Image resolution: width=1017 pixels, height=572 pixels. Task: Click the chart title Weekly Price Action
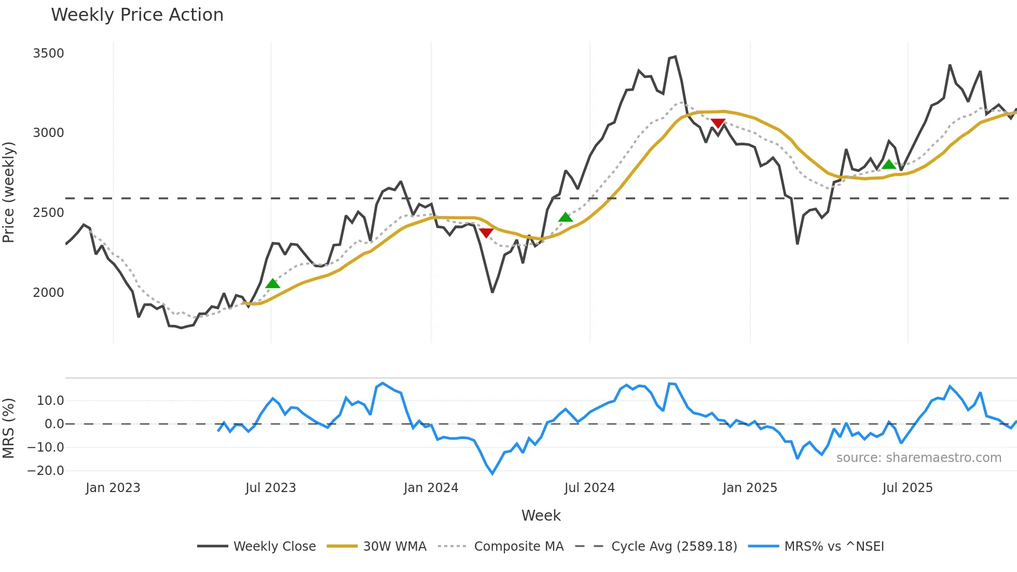pos(137,15)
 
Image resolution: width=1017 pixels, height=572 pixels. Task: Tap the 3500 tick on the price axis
pos(48,53)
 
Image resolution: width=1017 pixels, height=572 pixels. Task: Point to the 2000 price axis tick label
pos(48,293)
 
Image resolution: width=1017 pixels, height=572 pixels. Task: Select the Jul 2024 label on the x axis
pos(589,488)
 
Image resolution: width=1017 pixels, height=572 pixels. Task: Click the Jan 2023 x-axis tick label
pos(113,488)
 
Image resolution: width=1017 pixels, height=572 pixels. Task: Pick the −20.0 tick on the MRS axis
pos(46,471)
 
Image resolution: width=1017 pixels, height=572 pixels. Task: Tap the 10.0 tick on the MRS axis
pos(50,401)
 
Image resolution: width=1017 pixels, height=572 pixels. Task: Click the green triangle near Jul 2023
pos(272,283)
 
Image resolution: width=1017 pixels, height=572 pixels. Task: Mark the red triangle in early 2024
pos(486,233)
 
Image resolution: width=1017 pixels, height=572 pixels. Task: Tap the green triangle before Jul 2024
pos(566,217)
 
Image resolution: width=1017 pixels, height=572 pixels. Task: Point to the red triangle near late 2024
pos(718,123)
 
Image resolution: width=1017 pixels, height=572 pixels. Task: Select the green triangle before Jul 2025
pos(889,165)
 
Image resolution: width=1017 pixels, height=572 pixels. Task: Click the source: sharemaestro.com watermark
pos(918,458)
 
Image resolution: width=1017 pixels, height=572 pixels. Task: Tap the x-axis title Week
pos(541,515)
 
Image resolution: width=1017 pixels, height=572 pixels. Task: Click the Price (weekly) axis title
pos(9,192)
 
